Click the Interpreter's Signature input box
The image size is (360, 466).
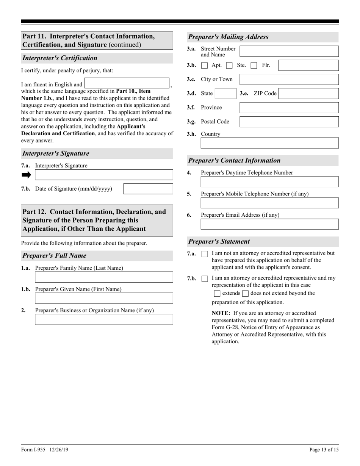point(104,175)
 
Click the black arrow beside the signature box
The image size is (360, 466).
point(26,175)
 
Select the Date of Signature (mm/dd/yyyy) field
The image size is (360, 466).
point(148,189)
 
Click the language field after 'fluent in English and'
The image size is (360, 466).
point(127,83)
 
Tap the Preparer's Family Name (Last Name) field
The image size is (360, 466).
point(104,277)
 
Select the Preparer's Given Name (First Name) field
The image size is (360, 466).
point(104,298)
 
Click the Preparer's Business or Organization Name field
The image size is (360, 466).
point(104,319)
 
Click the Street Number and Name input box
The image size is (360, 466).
point(289,51)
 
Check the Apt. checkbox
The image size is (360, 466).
point(205,66)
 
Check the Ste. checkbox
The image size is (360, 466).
point(229,66)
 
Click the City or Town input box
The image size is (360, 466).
point(289,79)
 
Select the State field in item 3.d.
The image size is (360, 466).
point(225,94)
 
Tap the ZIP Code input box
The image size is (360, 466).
point(308,94)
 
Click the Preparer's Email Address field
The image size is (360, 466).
point(269,224)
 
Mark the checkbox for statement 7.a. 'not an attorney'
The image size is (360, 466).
point(205,254)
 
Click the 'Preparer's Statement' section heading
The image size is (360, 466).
point(219,241)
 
